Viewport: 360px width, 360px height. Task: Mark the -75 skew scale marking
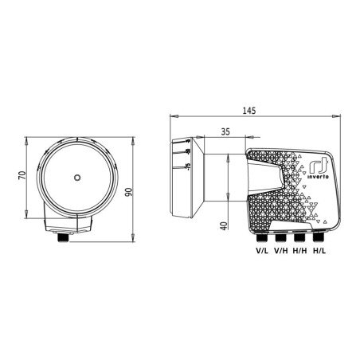[186, 166]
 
